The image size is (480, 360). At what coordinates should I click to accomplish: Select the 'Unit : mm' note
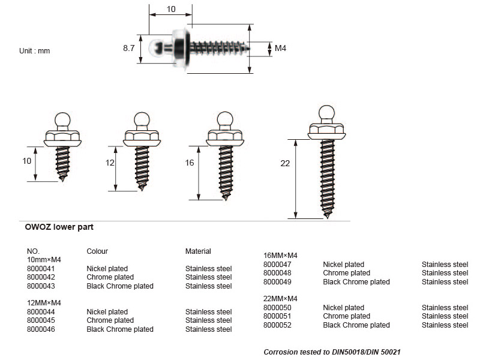coord(35,51)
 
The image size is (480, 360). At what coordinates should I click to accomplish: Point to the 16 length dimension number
coord(190,163)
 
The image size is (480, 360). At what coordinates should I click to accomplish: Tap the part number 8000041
coord(41,269)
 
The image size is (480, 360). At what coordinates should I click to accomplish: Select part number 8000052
coord(277,325)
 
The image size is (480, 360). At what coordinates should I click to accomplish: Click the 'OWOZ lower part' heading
coord(59,227)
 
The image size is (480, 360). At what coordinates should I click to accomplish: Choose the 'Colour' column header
coord(97,251)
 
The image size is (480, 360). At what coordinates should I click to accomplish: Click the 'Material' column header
coord(198,251)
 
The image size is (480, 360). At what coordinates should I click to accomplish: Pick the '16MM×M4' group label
coord(280,256)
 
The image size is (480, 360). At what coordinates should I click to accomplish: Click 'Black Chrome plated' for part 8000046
coord(120,329)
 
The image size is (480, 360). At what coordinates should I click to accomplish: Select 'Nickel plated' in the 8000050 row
coord(343,308)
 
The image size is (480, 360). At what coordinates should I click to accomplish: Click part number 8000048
coord(277,273)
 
